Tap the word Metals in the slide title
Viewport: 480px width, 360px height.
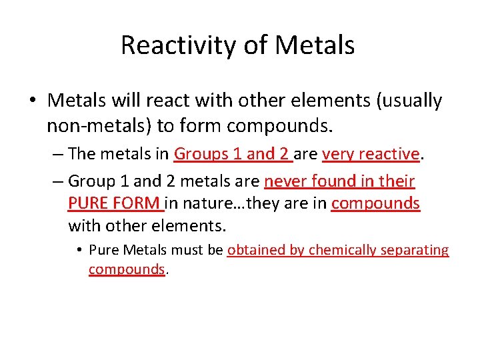tap(315, 46)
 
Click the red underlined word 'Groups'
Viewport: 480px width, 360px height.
tap(202, 154)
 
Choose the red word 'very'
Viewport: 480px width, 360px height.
tap(337, 154)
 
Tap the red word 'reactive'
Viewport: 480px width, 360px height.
tap(389, 154)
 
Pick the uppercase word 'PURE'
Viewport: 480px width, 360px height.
tap(89, 203)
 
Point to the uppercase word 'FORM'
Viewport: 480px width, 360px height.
tap(137, 203)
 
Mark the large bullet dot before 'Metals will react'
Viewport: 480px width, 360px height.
tap(31, 101)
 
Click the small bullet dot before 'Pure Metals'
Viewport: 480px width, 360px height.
tap(79, 251)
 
